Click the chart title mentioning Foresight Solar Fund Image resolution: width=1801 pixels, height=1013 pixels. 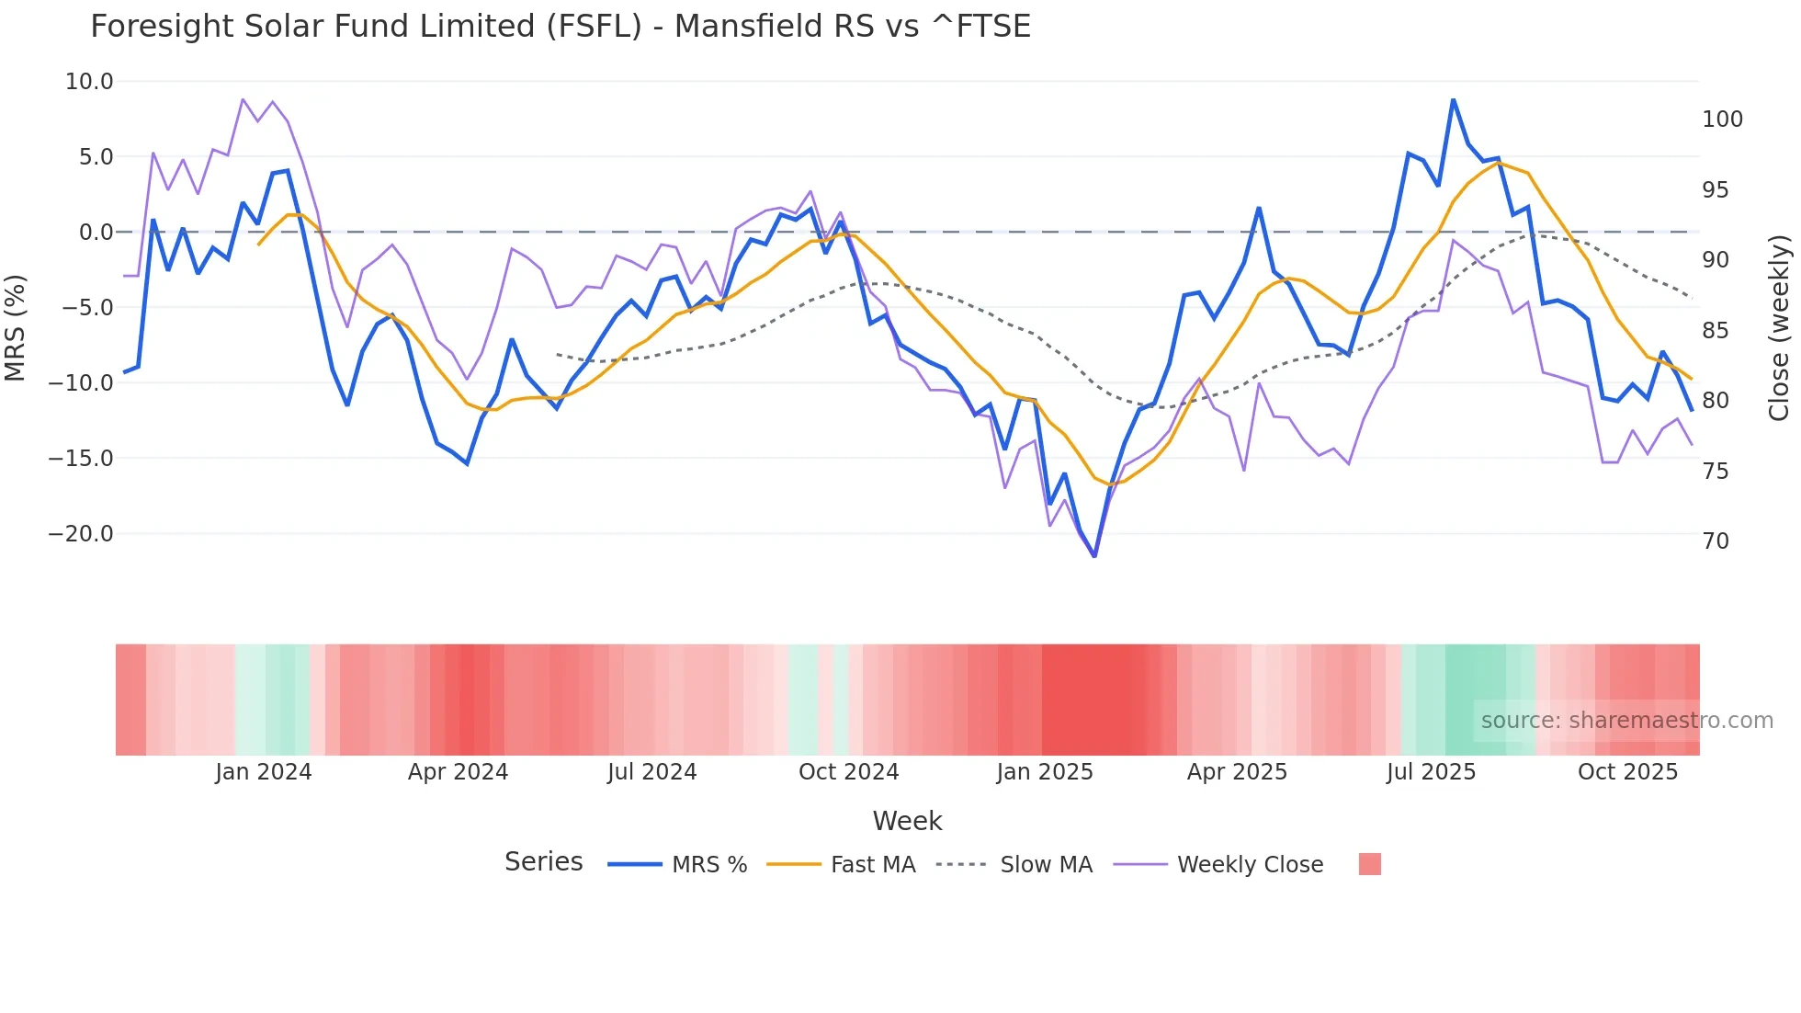[561, 26]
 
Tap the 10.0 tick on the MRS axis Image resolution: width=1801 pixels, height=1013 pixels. [89, 82]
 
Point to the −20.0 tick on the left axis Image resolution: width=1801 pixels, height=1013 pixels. [81, 534]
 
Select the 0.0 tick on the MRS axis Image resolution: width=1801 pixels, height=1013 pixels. [96, 233]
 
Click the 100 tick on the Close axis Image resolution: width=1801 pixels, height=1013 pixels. [1722, 120]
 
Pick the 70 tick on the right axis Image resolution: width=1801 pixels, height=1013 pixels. [1716, 541]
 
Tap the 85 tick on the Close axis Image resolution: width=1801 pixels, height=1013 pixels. [1716, 331]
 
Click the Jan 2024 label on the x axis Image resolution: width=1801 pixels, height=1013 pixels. [264, 772]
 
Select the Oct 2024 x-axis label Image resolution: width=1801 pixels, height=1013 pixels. [848, 772]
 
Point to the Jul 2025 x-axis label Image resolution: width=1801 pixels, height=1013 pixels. [1431, 772]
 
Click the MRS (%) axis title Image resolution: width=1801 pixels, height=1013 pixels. [16, 328]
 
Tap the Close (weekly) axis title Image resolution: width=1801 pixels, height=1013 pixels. [1780, 328]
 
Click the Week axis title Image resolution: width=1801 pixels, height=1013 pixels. [907, 821]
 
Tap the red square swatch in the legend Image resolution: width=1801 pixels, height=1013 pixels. [1369, 864]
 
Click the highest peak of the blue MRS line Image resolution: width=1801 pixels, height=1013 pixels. [1453, 99]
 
